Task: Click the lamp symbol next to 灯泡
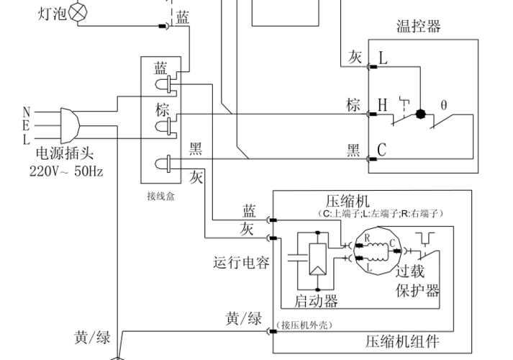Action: click(x=73, y=13)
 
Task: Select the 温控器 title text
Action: click(x=418, y=27)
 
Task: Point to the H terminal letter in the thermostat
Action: click(x=383, y=105)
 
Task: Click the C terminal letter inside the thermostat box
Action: click(x=382, y=150)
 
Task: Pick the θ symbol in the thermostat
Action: click(x=444, y=104)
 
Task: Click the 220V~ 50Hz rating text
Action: click(x=66, y=171)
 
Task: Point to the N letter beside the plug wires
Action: click(x=27, y=112)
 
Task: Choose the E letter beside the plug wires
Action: click(x=27, y=125)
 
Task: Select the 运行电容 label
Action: click(x=242, y=263)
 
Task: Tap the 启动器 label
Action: click(x=316, y=300)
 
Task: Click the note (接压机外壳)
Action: click(x=304, y=325)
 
